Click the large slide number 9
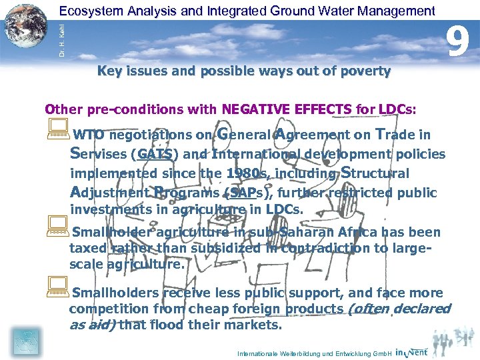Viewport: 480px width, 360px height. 457,40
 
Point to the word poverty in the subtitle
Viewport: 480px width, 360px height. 365,71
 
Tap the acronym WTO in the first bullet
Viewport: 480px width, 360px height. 88,135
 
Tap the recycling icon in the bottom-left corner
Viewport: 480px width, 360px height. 24,341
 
